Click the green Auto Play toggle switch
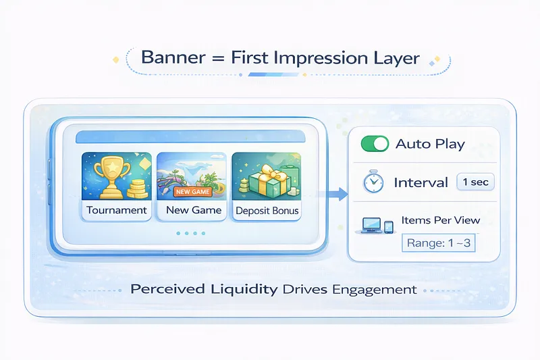tap(375, 144)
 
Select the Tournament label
tap(116, 210)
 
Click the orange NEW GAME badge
tap(192, 192)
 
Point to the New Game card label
tap(193, 210)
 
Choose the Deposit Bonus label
tap(267, 211)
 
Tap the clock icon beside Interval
tap(373, 182)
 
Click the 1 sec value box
tap(476, 182)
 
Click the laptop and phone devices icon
tap(378, 225)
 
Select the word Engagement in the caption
tap(373, 290)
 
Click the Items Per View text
tap(441, 220)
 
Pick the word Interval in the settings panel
tap(421, 182)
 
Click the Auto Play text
tap(430, 144)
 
